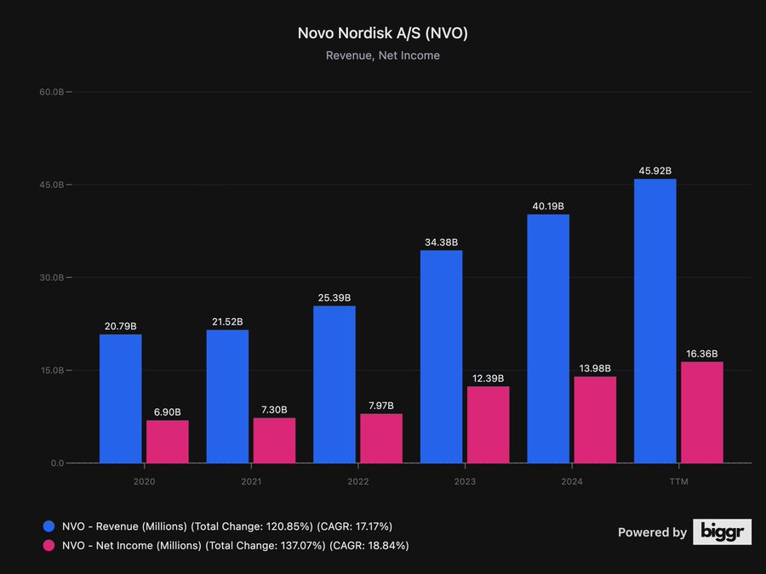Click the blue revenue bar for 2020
click(x=121, y=399)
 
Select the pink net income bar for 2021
click(x=274, y=440)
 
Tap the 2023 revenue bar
click(x=441, y=357)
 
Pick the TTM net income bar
click(x=701, y=412)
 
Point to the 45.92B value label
click(x=655, y=171)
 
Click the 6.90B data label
click(x=168, y=412)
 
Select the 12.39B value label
click(x=488, y=378)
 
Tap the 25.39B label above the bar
click(x=334, y=298)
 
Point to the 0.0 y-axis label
click(x=56, y=463)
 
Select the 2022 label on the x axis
click(x=357, y=480)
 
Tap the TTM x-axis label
click(x=678, y=480)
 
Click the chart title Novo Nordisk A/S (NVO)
click(x=383, y=33)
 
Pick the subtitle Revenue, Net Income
click(x=383, y=56)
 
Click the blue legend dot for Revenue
click(x=49, y=526)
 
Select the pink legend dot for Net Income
click(x=49, y=545)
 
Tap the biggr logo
click(x=722, y=531)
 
